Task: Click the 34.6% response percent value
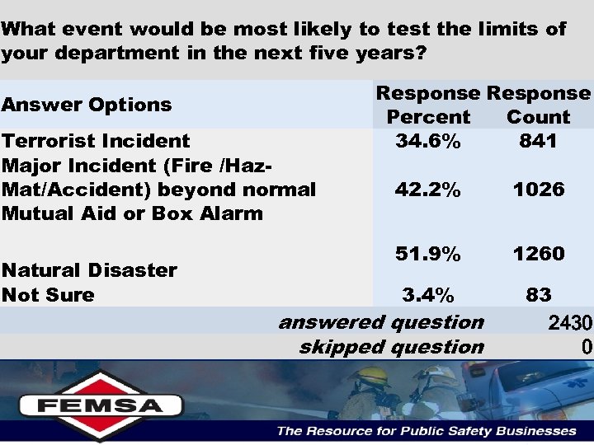click(x=427, y=141)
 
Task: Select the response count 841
click(x=538, y=141)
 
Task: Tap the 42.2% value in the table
click(x=427, y=190)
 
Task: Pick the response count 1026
click(x=538, y=190)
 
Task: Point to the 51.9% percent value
click(x=427, y=254)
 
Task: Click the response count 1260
click(x=538, y=254)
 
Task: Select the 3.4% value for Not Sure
click(x=427, y=294)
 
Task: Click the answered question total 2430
click(x=569, y=324)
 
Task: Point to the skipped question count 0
click(x=586, y=347)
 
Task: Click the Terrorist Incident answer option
click(x=96, y=141)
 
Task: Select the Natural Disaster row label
click(x=89, y=270)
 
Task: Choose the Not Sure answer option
click(x=48, y=295)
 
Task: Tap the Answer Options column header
click(x=87, y=105)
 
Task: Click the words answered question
click(x=381, y=322)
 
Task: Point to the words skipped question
click(x=391, y=347)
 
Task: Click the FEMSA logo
click(x=101, y=404)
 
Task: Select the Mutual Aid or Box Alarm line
click(x=132, y=213)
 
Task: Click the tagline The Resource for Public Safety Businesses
click(x=426, y=431)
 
